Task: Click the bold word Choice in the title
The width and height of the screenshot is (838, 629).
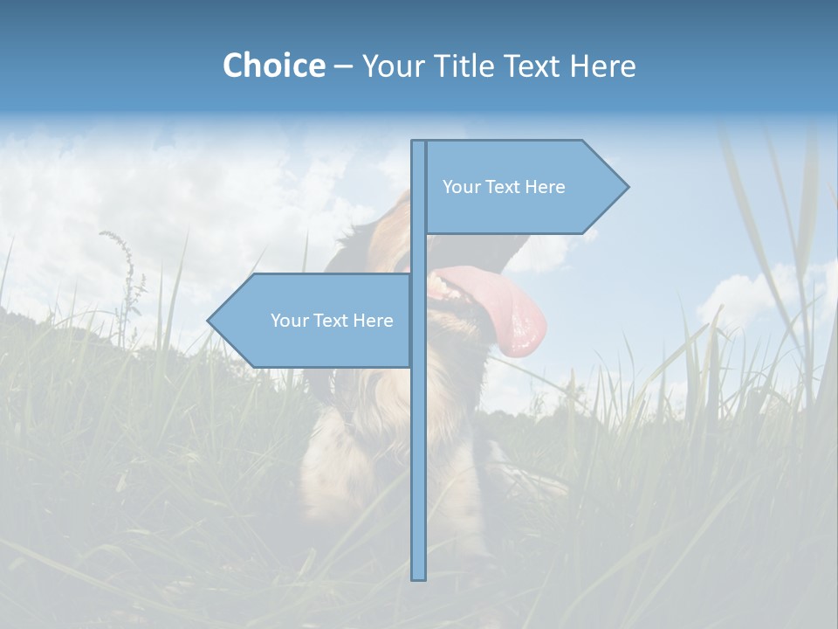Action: (x=273, y=66)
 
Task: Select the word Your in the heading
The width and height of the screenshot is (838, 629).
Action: (x=390, y=66)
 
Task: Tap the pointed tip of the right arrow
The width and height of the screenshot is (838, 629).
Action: (x=627, y=187)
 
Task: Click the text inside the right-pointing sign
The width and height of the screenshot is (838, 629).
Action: (x=504, y=187)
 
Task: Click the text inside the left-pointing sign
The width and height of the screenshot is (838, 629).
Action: (x=332, y=321)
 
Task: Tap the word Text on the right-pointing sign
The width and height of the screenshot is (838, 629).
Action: (x=504, y=187)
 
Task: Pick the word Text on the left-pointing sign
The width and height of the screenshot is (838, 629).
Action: (x=332, y=321)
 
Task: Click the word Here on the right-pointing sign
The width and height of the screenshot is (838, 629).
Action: (x=545, y=187)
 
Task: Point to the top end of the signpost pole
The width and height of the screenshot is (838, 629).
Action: (x=418, y=142)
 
